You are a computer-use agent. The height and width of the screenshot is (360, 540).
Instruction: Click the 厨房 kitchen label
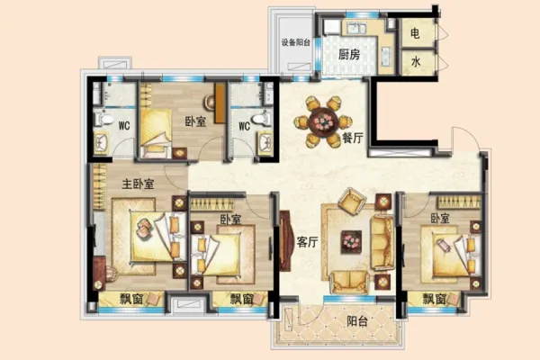click(349, 54)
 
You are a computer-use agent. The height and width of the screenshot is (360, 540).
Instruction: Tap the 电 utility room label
click(415, 33)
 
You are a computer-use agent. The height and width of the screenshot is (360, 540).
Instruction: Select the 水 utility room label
click(416, 62)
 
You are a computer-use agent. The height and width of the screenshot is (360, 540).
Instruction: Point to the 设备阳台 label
click(296, 42)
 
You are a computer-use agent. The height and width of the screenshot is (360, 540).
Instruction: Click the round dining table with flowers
click(323, 121)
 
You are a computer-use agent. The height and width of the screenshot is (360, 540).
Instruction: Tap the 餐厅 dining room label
click(353, 138)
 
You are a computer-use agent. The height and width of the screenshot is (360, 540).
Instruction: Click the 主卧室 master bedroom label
click(138, 184)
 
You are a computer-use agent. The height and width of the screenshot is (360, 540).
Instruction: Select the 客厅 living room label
click(307, 242)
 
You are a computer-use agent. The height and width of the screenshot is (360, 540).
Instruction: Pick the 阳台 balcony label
click(357, 321)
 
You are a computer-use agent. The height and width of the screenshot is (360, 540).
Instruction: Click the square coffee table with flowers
click(351, 242)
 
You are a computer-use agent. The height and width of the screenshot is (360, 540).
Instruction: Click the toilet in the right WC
click(261, 120)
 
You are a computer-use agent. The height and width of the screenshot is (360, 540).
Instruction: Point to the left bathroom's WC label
click(124, 125)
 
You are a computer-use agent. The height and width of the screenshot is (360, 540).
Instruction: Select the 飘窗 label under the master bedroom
click(131, 299)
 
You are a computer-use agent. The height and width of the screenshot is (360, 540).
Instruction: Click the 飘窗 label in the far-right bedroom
click(435, 299)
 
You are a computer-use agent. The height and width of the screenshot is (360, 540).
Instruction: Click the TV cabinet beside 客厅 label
click(286, 240)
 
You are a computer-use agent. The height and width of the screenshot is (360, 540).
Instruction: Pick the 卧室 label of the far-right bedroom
click(440, 219)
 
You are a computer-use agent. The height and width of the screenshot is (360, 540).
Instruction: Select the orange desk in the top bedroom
click(220, 103)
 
